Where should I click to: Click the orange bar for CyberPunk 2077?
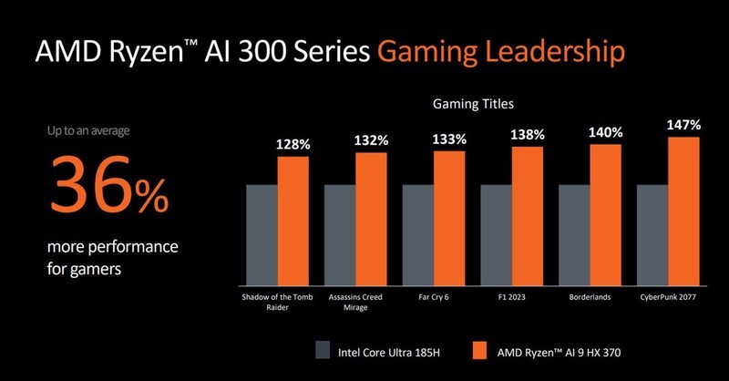click(x=683, y=211)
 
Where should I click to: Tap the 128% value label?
click(x=293, y=145)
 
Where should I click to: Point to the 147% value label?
click(x=683, y=124)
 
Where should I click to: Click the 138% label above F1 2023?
click(x=528, y=135)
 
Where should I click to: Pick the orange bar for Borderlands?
click(x=605, y=214)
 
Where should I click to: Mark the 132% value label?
click(x=372, y=140)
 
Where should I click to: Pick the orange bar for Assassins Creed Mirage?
click(x=372, y=218)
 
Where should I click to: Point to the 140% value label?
click(x=605, y=132)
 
